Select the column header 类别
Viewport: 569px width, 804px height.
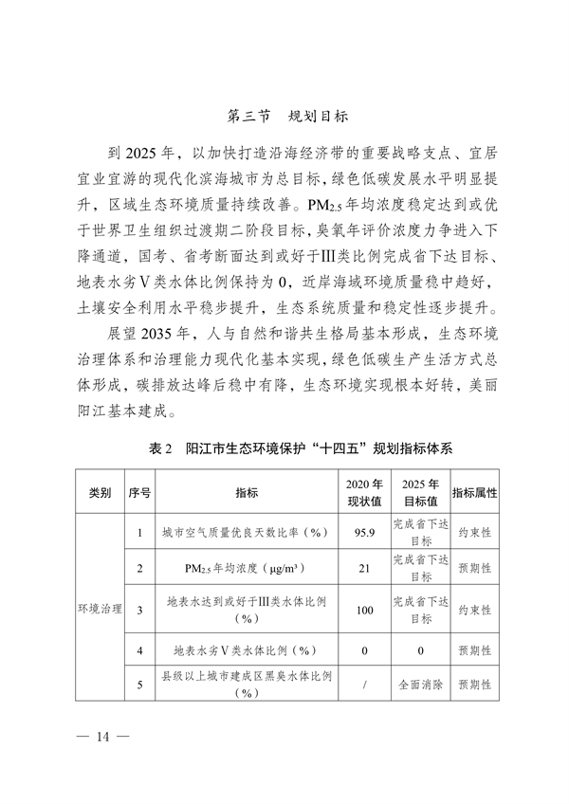[x=100, y=493]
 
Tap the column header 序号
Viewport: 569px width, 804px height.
[x=139, y=493]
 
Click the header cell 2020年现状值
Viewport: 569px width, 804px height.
[x=364, y=493]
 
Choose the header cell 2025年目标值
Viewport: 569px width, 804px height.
[x=420, y=493]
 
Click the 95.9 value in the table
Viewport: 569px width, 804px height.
[x=364, y=533]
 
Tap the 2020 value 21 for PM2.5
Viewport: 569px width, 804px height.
[x=364, y=569]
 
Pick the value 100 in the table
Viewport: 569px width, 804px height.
[x=364, y=610]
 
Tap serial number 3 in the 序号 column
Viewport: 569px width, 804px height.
[x=139, y=610]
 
